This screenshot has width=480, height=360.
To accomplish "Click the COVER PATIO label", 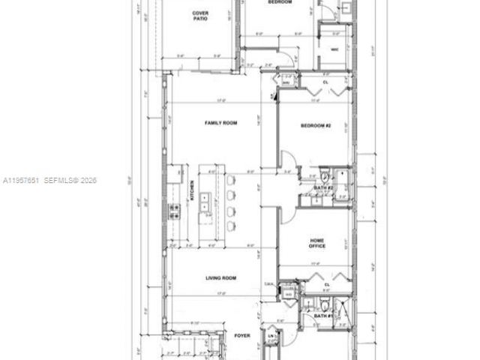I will point(200,16).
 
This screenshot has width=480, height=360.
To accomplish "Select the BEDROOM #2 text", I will point(316,127).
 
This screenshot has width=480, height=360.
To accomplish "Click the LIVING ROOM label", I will point(221,278).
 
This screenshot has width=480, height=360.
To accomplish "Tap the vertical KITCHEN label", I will point(193,196).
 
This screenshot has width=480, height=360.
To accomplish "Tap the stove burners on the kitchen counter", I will point(175,211).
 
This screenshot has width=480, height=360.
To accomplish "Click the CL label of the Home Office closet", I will point(327,284).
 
